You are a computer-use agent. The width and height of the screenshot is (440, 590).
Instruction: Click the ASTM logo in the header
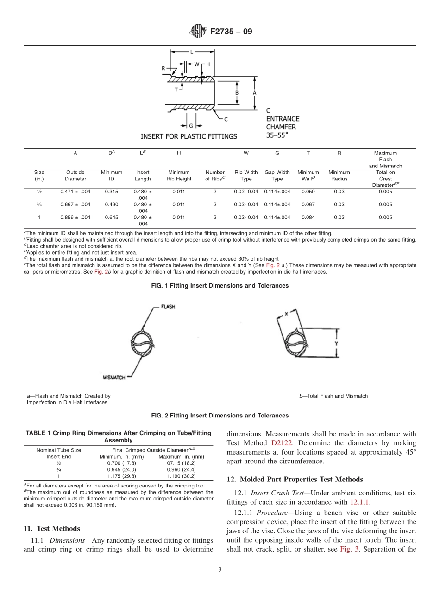click(198, 32)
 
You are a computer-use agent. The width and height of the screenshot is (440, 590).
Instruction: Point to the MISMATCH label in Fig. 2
click(114, 378)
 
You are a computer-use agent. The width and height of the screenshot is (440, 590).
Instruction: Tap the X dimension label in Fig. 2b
click(286, 314)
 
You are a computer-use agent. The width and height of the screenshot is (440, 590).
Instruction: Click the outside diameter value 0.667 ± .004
click(75, 205)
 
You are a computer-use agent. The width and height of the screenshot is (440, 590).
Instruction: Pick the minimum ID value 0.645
click(111, 218)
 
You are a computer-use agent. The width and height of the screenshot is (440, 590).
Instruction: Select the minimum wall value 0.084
click(308, 218)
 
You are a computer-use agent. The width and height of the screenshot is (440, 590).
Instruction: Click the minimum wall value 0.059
click(308, 192)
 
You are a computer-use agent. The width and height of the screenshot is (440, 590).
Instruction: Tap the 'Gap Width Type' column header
click(277, 175)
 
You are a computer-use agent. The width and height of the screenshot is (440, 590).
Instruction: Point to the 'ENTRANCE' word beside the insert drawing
click(283, 119)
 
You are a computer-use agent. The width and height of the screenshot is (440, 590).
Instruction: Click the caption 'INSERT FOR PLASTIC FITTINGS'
click(189, 136)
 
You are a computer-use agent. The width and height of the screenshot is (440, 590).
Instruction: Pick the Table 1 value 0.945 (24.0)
click(122, 469)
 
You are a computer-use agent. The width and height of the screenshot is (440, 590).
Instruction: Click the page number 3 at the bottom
click(220, 570)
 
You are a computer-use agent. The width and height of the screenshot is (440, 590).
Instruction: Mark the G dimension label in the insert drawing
click(191, 125)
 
